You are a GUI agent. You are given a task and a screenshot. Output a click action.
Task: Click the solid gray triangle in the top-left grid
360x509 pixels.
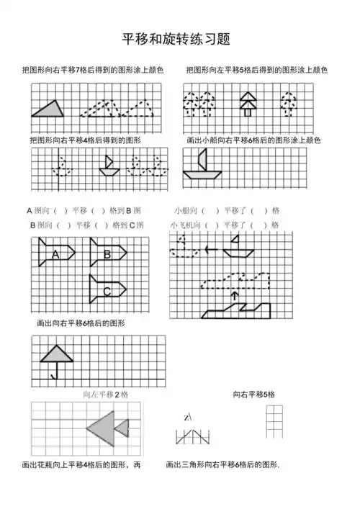coord(49,109)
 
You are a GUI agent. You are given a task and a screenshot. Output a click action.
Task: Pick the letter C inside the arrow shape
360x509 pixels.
coord(107,291)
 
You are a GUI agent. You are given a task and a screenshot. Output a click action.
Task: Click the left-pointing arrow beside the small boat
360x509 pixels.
coord(211,250)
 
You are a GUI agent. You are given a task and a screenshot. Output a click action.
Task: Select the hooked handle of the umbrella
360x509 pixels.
coord(54,374)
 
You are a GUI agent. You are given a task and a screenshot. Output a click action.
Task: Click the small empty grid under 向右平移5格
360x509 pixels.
coord(274,422)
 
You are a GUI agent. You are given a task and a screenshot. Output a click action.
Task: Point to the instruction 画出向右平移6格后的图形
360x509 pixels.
coord(81,324)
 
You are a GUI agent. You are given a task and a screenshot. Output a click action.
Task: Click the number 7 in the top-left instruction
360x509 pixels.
coord(98,70)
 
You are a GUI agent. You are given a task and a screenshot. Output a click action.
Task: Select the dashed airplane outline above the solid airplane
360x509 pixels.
coord(238,279)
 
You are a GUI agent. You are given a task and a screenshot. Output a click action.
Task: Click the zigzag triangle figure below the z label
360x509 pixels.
coord(193,436)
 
